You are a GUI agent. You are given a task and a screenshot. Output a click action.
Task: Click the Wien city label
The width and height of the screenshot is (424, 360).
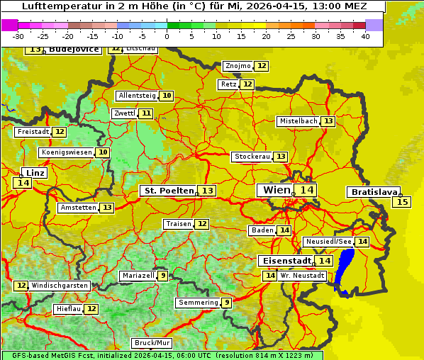click(x=277, y=190)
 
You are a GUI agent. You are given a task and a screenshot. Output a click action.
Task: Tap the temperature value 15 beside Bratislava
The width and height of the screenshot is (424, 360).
click(x=402, y=202)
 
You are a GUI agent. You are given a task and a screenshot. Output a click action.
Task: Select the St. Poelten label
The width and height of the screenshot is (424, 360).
click(x=168, y=191)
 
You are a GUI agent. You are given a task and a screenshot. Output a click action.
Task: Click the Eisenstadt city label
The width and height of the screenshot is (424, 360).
click(x=284, y=261)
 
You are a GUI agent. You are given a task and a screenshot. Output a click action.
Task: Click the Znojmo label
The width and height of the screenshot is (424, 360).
click(x=238, y=66)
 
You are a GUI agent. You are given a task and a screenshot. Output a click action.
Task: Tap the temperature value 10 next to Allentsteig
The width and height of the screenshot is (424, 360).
click(x=167, y=96)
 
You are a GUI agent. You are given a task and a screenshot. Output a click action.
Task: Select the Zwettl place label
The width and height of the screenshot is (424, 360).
click(x=124, y=113)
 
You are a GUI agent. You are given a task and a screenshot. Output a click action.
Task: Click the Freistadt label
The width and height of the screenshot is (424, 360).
click(x=33, y=132)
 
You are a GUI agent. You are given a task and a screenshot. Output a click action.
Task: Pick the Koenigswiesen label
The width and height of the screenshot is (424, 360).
click(x=66, y=152)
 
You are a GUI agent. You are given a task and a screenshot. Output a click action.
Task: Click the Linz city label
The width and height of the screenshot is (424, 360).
click(x=35, y=173)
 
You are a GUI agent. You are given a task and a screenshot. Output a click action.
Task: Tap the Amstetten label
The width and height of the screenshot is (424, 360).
click(x=78, y=208)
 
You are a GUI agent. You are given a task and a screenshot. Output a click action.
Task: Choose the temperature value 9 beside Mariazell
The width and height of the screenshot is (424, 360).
click(x=163, y=276)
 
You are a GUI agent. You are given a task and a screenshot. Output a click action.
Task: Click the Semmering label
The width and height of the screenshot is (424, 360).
click(x=198, y=303)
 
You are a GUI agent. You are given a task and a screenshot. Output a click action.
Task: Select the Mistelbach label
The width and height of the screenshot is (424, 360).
click(x=298, y=121)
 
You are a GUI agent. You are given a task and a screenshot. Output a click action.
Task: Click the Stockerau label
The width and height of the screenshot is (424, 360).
click(x=252, y=157)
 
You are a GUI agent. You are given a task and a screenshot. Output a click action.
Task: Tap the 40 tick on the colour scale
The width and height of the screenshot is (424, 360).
click(x=365, y=36)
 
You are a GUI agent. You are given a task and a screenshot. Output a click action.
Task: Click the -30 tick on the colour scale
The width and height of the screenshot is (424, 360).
click(x=18, y=36)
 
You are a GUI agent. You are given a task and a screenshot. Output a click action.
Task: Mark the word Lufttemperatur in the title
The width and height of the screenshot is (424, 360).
click(x=58, y=6)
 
